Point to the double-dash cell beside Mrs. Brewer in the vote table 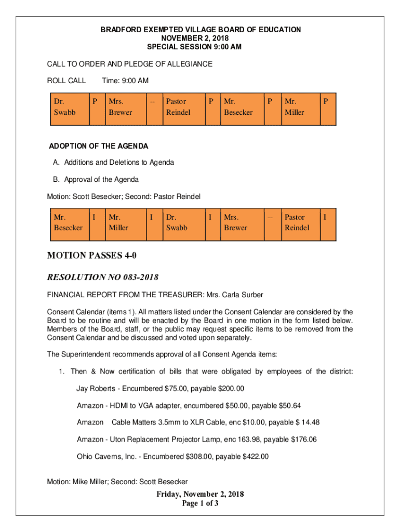[270, 218]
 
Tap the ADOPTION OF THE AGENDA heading [98, 146]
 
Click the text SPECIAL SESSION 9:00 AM [201, 47]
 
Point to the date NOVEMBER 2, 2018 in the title [201, 38]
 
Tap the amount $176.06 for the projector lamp [299, 440]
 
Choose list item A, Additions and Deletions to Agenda [113, 163]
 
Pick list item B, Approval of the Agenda [96, 180]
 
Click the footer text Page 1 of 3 [200, 503]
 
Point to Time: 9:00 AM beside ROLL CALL [125, 81]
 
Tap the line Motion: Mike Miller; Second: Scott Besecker [117, 482]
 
